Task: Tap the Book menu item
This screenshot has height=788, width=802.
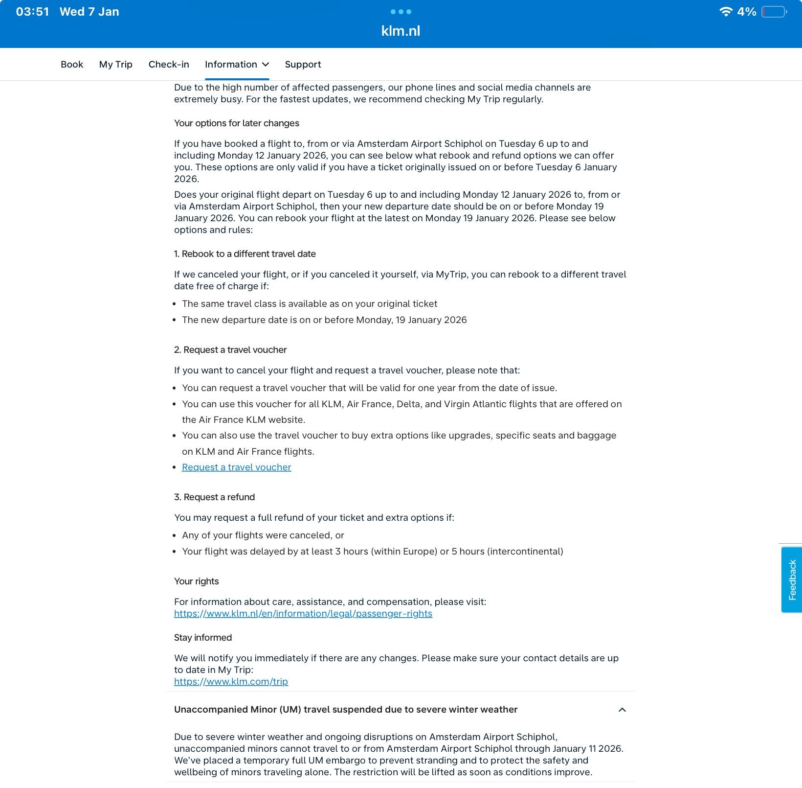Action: [72, 65]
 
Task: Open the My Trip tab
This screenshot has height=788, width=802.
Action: [115, 65]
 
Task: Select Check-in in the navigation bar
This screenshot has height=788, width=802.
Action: [169, 65]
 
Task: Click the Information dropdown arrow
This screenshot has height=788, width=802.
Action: [266, 65]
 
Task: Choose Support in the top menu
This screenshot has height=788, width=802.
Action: [303, 65]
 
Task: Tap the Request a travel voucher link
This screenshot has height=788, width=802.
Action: [236, 467]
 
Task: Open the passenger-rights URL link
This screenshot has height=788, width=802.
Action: [303, 614]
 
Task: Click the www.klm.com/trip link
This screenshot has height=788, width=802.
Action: [231, 682]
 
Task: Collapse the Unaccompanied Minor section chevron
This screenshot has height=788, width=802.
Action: [622, 710]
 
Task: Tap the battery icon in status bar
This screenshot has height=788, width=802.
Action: [774, 12]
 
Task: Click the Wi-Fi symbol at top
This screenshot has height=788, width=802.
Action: [726, 12]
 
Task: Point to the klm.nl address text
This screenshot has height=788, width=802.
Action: [401, 31]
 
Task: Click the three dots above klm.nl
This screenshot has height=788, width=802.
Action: [401, 12]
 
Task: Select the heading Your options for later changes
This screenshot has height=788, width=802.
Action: [236, 123]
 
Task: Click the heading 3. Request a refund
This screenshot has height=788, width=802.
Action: [214, 497]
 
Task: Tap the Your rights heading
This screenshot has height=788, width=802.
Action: [196, 581]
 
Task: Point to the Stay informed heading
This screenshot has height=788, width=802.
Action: [202, 638]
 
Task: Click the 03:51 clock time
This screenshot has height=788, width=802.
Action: [32, 12]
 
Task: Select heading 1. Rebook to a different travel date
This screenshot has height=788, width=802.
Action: [245, 254]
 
